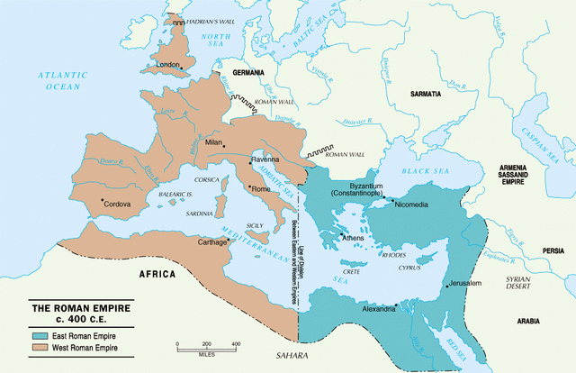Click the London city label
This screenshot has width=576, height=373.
(x=169, y=65)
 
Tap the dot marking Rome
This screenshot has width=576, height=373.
(x=249, y=186)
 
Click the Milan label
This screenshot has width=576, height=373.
(x=212, y=142)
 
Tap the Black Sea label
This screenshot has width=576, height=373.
(x=423, y=165)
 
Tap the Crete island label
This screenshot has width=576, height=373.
(x=353, y=271)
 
